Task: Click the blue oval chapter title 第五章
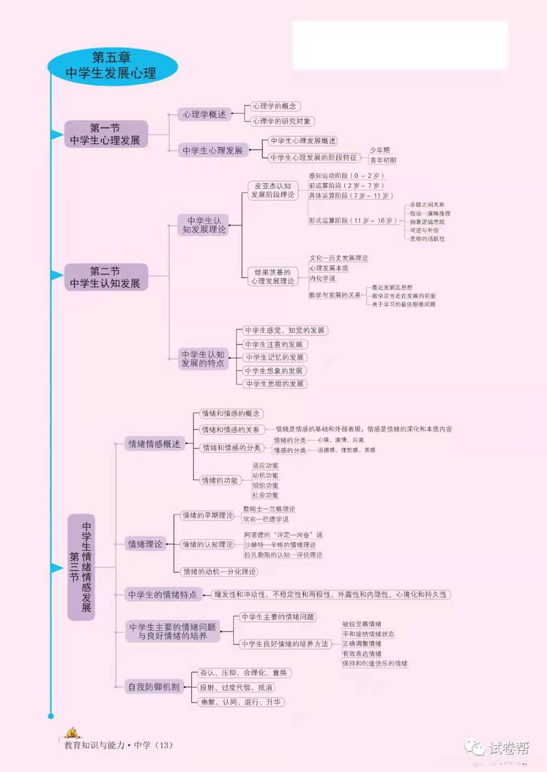pyautogui.click(x=112, y=66)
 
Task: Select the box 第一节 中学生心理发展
pyautogui.click(x=105, y=134)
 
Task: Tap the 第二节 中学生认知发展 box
pyautogui.click(x=105, y=277)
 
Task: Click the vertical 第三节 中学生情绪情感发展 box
pyautogui.click(x=81, y=567)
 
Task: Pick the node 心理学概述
pyautogui.click(x=204, y=114)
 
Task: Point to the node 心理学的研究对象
pyautogui.click(x=282, y=121)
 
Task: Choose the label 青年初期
pyautogui.click(x=383, y=160)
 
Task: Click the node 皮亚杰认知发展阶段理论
pyautogui.click(x=272, y=190)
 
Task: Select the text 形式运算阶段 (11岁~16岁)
pyautogui.click(x=353, y=221)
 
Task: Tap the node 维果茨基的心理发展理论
pyautogui.click(x=272, y=277)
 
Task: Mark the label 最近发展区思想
pyautogui.click(x=392, y=287)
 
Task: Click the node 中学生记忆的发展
pyautogui.click(x=275, y=357)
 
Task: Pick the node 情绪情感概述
pyautogui.click(x=154, y=444)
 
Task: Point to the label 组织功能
pyautogui.click(x=265, y=485)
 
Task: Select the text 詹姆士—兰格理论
pyautogui.click(x=269, y=509)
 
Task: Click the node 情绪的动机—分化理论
pyautogui.click(x=219, y=572)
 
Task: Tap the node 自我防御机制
pyautogui.click(x=153, y=687)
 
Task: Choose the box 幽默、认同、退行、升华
pyautogui.click(x=241, y=702)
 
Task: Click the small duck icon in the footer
pyautogui.click(x=72, y=733)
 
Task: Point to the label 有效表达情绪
pyautogui.click(x=362, y=654)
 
